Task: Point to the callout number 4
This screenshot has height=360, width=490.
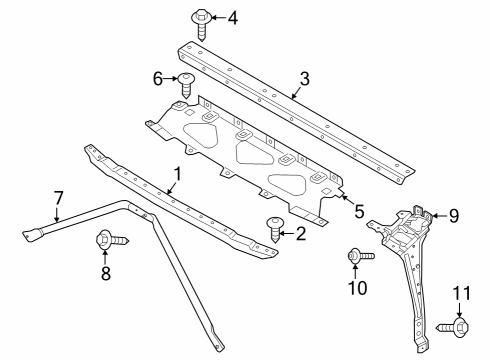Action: (233, 17)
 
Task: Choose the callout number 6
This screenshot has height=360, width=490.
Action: (157, 78)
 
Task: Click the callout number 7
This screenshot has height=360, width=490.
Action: (58, 197)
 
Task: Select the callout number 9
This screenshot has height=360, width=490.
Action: (453, 214)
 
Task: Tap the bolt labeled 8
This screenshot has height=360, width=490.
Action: (107, 240)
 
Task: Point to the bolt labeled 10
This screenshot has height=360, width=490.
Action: (358, 257)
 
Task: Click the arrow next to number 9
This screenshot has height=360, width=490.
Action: (437, 214)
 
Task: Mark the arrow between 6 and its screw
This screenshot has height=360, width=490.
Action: (170, 78)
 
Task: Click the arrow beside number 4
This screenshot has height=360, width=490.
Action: (217, 17)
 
